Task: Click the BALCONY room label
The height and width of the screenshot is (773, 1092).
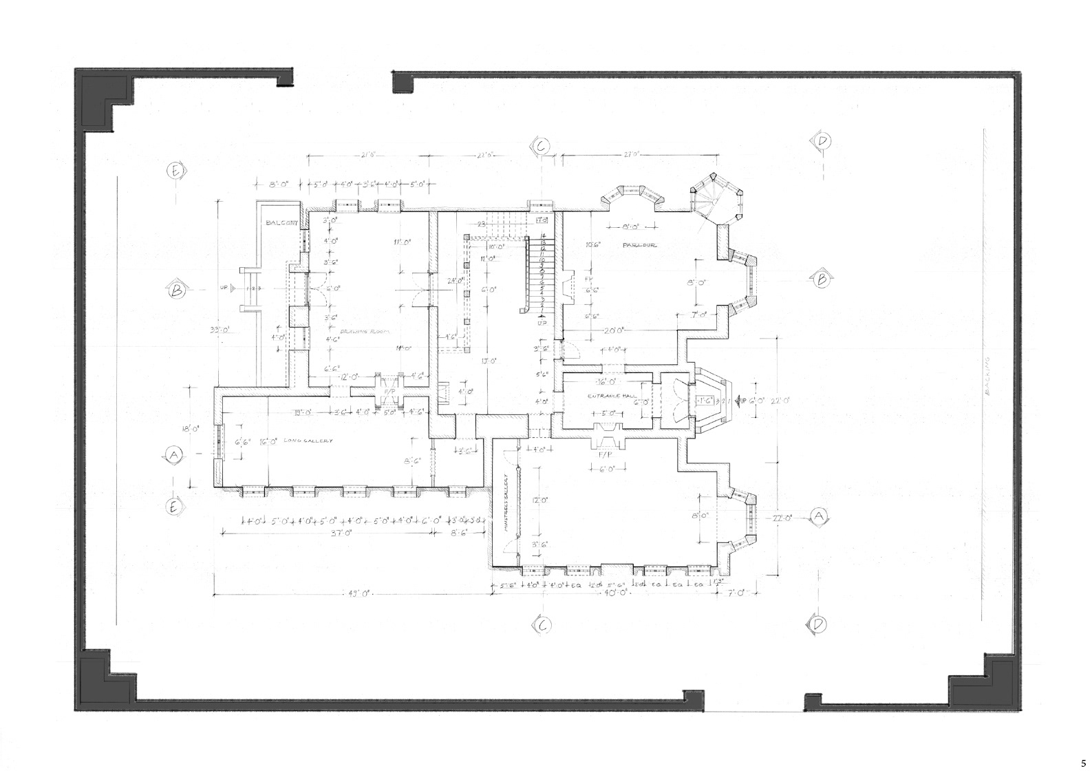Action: [281, 223]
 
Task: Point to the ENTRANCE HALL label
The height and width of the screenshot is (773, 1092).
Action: [606, 396]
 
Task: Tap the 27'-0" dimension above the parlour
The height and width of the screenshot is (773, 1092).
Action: [633, 156]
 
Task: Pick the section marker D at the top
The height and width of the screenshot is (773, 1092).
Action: [822, 141]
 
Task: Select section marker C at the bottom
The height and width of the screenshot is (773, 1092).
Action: [542, 625]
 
